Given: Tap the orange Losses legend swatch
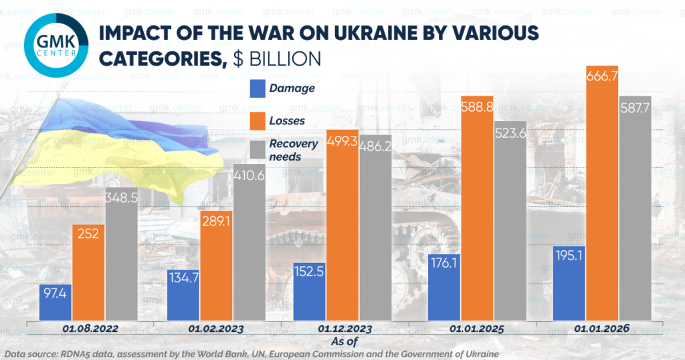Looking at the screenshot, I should coord(258,120).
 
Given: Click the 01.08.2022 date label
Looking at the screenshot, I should coord(89,329).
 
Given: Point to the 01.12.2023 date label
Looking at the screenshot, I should coord(345,329).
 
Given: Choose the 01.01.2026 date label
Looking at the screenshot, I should coord(600,329).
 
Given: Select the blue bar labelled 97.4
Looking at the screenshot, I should coord(56,302).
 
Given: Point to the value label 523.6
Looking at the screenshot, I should coord(505,133).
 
